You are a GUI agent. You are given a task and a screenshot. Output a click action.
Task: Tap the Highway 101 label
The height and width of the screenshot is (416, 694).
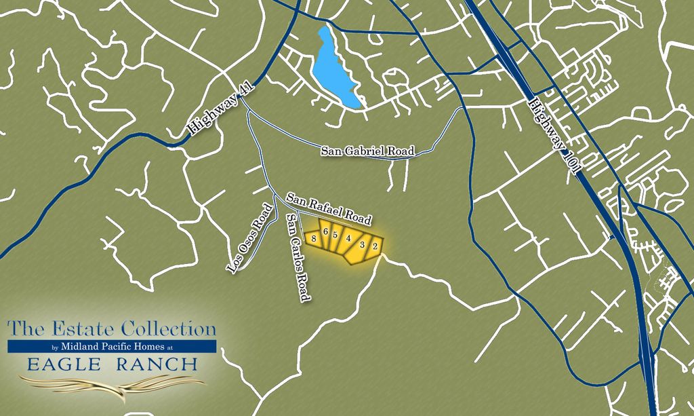pos(553,135)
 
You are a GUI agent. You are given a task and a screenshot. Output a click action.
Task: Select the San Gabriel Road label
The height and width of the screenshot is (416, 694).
pos(367,151)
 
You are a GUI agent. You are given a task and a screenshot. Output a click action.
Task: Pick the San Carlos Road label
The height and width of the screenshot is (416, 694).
pos(298,257)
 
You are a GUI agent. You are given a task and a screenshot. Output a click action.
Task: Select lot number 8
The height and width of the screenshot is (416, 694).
pos(314,239)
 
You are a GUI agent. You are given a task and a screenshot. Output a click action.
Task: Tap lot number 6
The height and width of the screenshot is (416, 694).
pos(326,233)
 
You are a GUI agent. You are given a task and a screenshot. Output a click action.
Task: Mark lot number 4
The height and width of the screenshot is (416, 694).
pos(348,238)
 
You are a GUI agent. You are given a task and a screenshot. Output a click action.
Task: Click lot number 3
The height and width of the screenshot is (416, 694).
pos(363,244)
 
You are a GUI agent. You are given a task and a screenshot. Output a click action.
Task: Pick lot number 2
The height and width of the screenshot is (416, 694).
pos(375,247)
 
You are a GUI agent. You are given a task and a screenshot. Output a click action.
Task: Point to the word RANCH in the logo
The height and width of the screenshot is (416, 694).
pos(157,364)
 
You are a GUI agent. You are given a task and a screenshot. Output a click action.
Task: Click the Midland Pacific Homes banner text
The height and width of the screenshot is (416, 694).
pos(112,347)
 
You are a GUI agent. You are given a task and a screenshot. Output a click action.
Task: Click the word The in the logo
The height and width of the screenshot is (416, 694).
pos(23,330)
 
